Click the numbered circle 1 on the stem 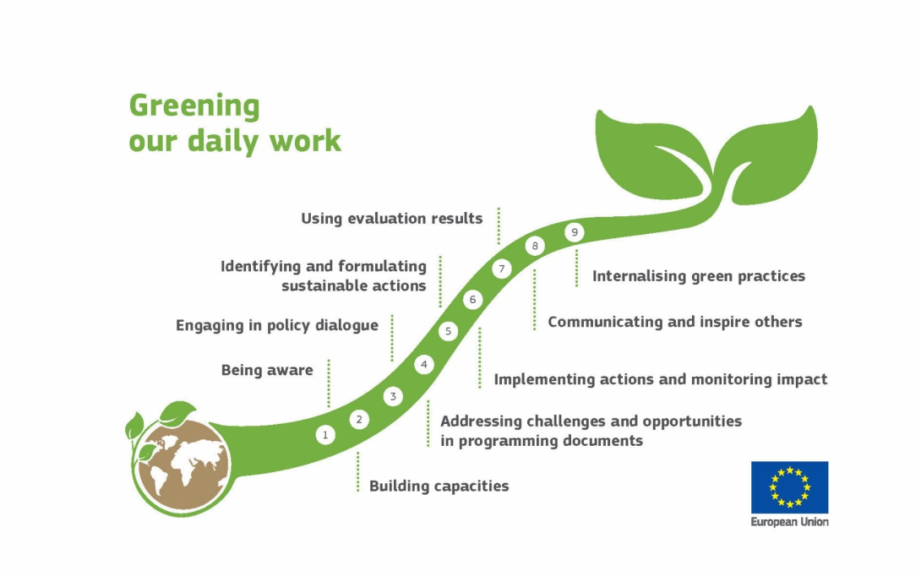click(325, 435)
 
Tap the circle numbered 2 click(359, 419)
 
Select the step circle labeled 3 click(392, 395)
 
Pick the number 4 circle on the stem click(424, 365)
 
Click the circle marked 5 click(449, 331)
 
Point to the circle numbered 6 click(473, 299)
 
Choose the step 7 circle click(502, 269)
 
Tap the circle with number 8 click(535, 246)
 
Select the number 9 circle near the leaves click(575, 232)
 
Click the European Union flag click(789, 487)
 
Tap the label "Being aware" click(267, 370)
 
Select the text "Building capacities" click(439, 486)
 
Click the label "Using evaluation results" click(391, 219)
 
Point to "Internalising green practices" click(698, 276)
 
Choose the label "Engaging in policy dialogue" click(276, 325)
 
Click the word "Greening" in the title click(194, 106)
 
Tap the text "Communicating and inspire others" click(674, 322)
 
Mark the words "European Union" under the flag click(789, 522)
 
